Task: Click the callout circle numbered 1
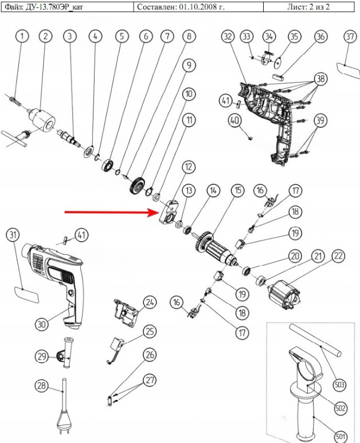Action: [x=22, y=36]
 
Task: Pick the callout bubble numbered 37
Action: [x=350, y=36]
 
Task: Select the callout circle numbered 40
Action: [x=234, y=121]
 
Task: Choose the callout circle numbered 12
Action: [x=187, y=167]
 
